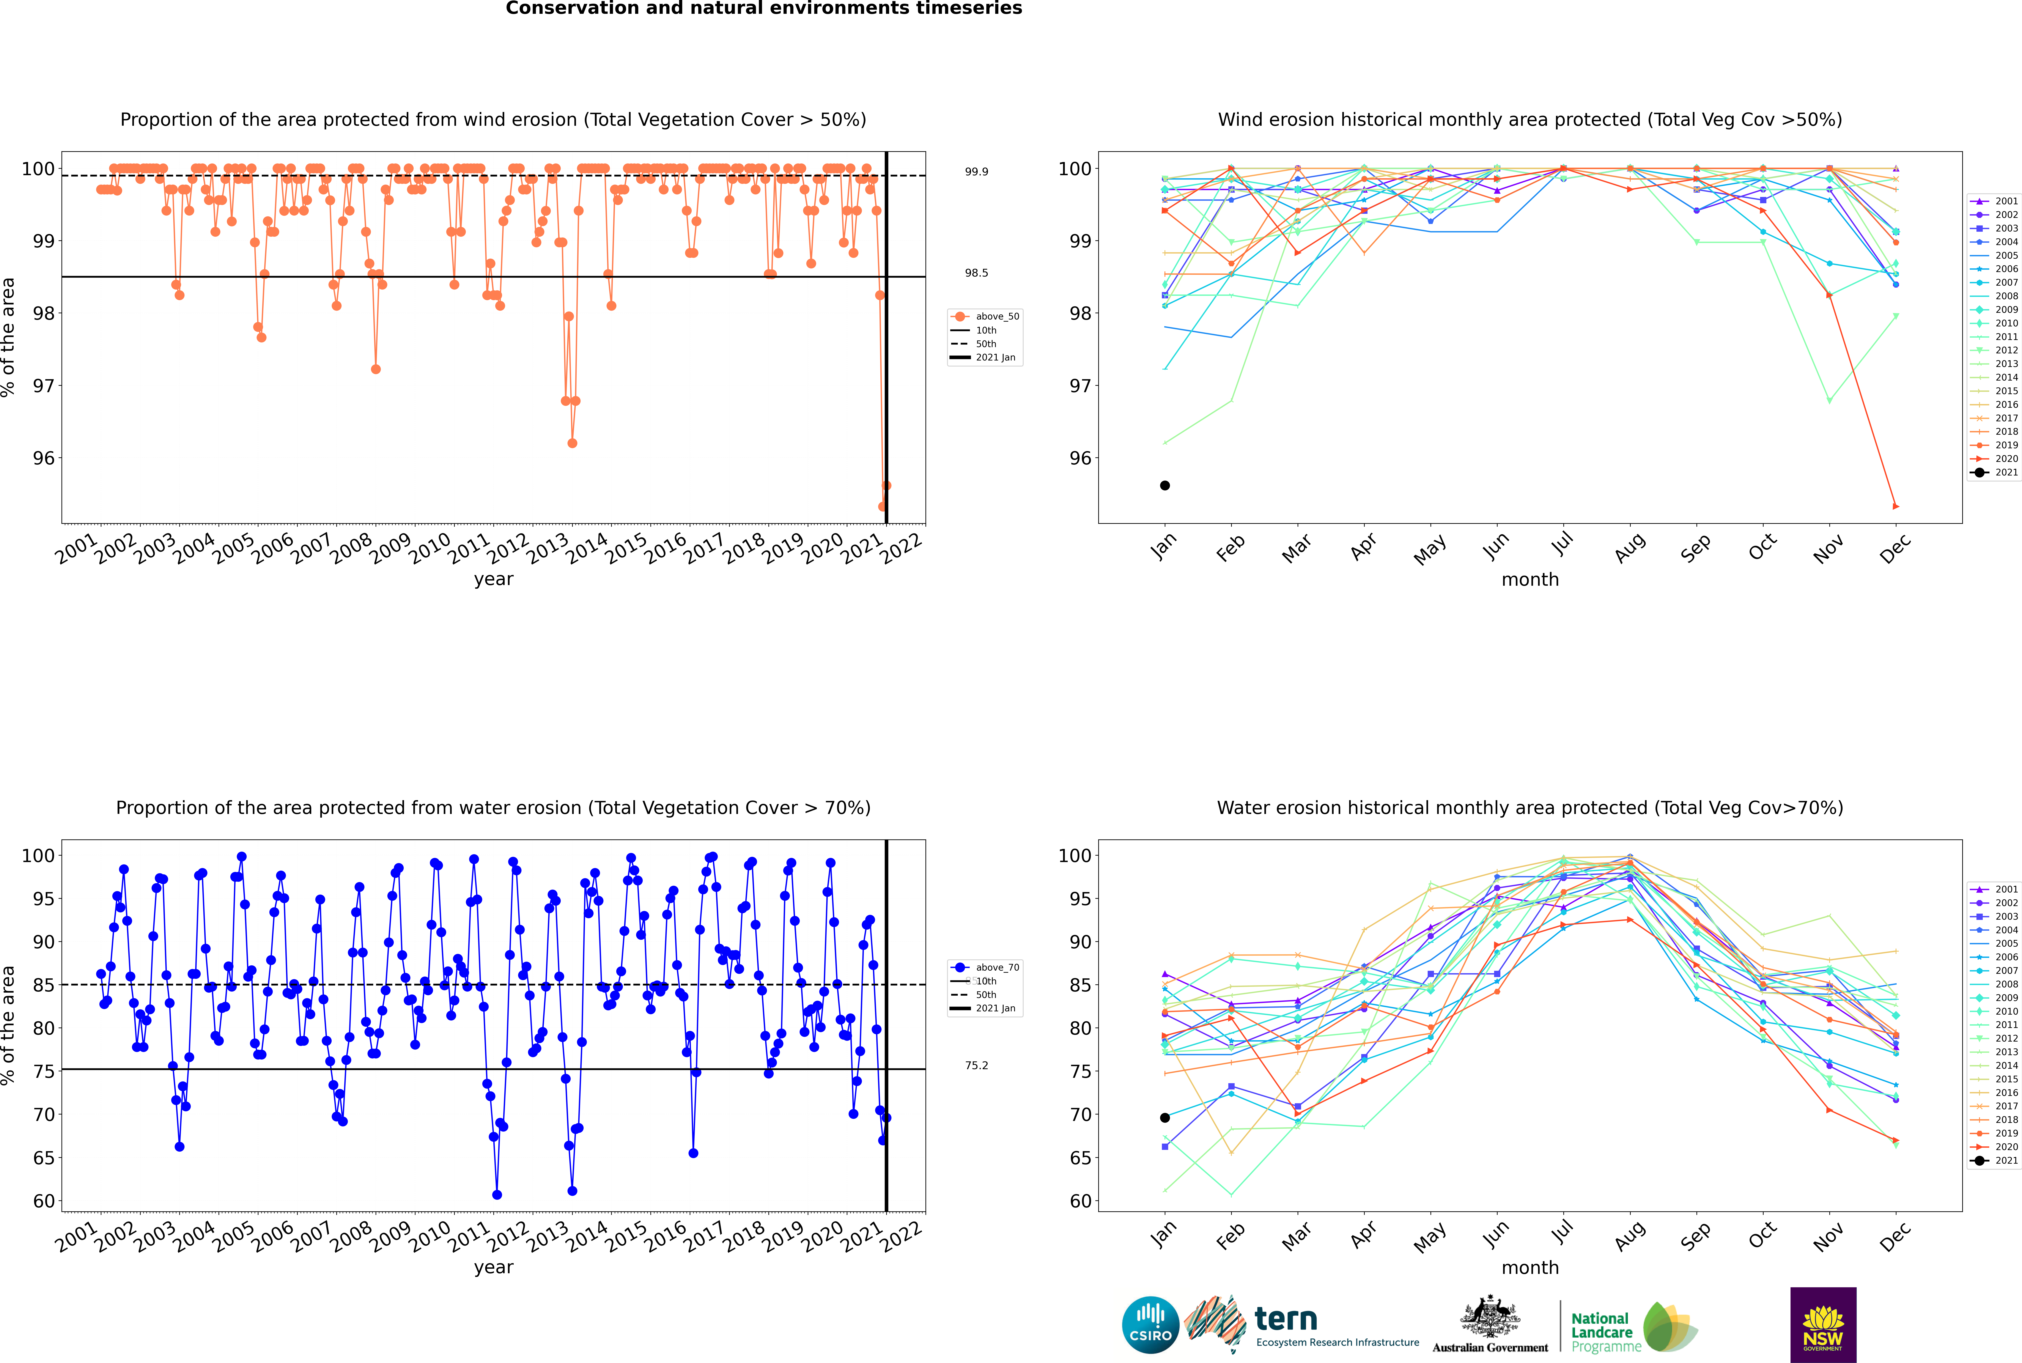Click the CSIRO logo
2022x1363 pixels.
[1150, 1325]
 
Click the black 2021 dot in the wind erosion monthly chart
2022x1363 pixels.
[1165, 485]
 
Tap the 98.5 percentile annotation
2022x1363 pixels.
[976, 273]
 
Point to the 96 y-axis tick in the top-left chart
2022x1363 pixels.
[43, 458]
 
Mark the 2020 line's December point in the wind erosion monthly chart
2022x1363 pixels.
[1896, 506]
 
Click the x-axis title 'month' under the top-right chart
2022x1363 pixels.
[1530, 580]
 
